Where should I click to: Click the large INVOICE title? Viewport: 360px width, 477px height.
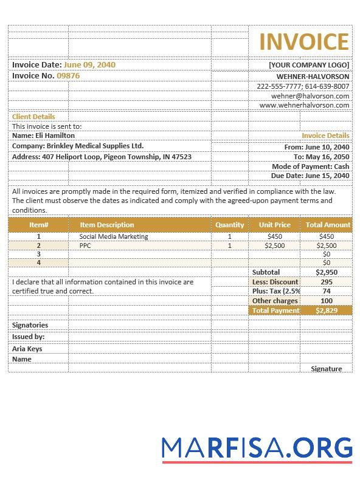[304, 42]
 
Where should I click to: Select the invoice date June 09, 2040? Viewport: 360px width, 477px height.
[89, 64]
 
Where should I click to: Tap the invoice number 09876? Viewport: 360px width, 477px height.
[68, 76]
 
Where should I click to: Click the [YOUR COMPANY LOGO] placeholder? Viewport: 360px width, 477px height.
[309, 65]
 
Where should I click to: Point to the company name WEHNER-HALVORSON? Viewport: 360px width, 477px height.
[313, 77]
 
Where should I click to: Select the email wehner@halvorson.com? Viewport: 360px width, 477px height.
[310, 96]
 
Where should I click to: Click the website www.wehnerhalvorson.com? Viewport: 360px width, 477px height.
[304, 105]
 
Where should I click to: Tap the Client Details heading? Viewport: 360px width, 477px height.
[33, 117]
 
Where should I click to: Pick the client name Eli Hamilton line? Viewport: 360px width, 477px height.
[43, 136]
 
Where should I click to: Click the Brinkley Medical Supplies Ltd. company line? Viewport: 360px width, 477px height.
[78, 146]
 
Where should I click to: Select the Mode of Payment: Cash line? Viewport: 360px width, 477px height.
[310, 166]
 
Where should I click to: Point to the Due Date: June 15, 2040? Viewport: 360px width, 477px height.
[310, 176]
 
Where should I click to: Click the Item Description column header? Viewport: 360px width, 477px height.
[107, 225]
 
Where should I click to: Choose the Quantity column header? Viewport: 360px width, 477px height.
[229, 225]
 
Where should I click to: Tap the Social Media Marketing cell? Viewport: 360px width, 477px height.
[114, 236]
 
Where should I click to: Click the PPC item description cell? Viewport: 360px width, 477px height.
[85, 245]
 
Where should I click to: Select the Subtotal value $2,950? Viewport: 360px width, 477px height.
[327, 272]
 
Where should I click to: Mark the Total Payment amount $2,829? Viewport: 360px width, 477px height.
[327, 310]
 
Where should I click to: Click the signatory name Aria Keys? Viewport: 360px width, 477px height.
[27, 349]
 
